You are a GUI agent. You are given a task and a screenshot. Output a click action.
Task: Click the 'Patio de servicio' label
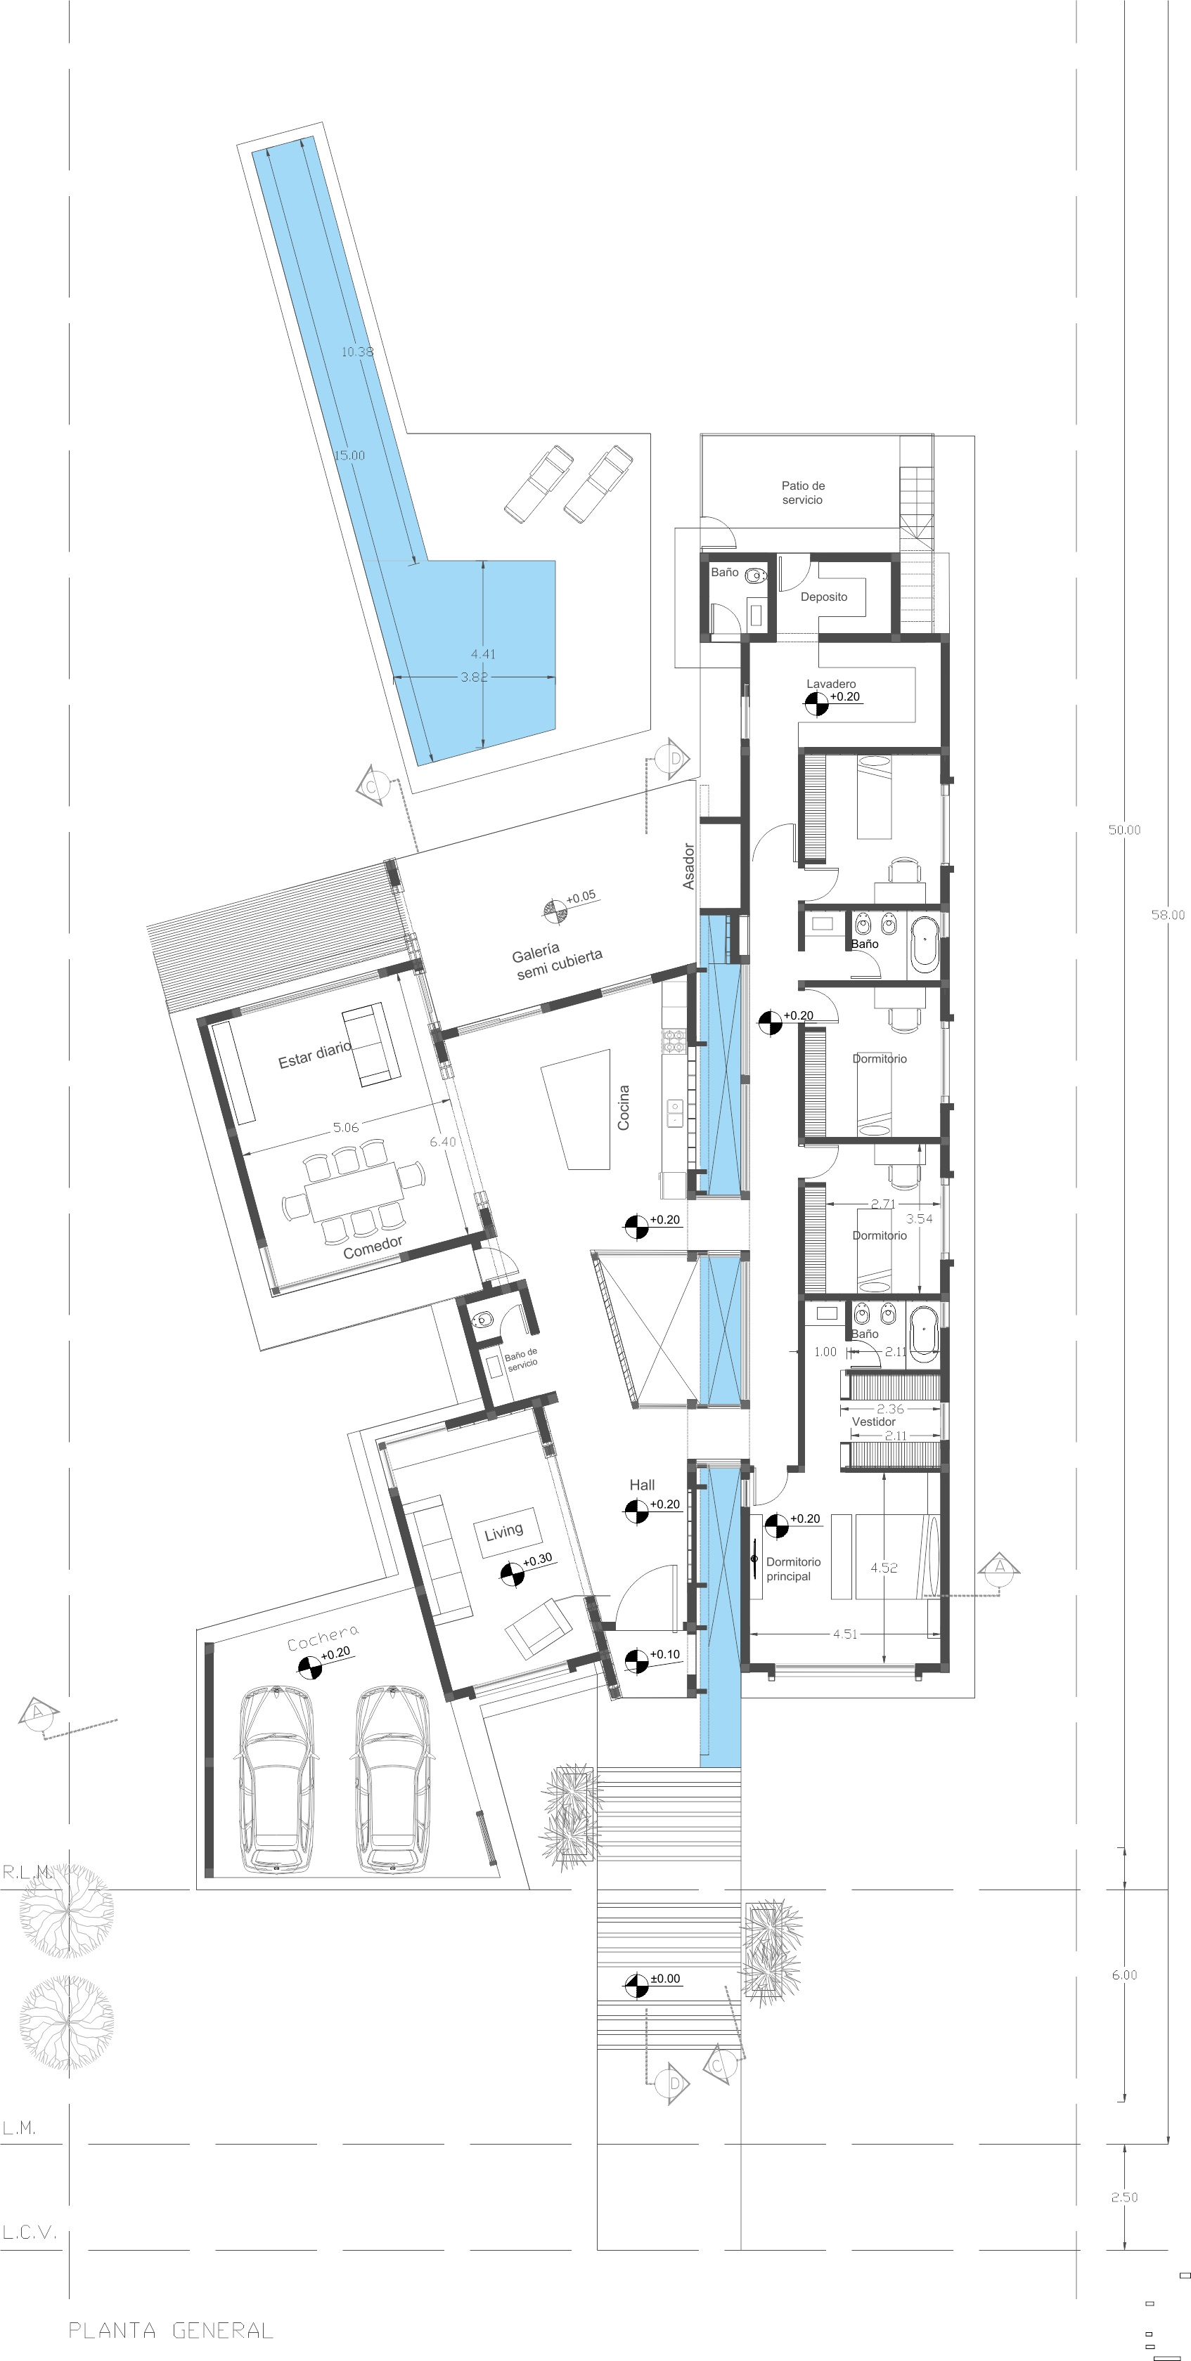802,492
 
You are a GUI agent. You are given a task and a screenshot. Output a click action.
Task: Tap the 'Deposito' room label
823,597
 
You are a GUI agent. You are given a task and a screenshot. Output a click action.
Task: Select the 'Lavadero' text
830,684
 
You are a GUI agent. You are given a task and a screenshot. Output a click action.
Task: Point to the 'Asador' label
688,866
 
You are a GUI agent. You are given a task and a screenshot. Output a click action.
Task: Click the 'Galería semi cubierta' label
557,961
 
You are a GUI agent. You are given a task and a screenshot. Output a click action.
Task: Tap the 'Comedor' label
372,1247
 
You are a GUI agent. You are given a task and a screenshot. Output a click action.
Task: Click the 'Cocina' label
624,1107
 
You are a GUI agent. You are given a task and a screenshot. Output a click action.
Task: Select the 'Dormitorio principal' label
793,1568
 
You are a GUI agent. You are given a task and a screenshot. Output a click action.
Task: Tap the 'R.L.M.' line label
28,1871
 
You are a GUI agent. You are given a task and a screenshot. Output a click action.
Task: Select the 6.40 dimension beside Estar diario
443,1141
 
